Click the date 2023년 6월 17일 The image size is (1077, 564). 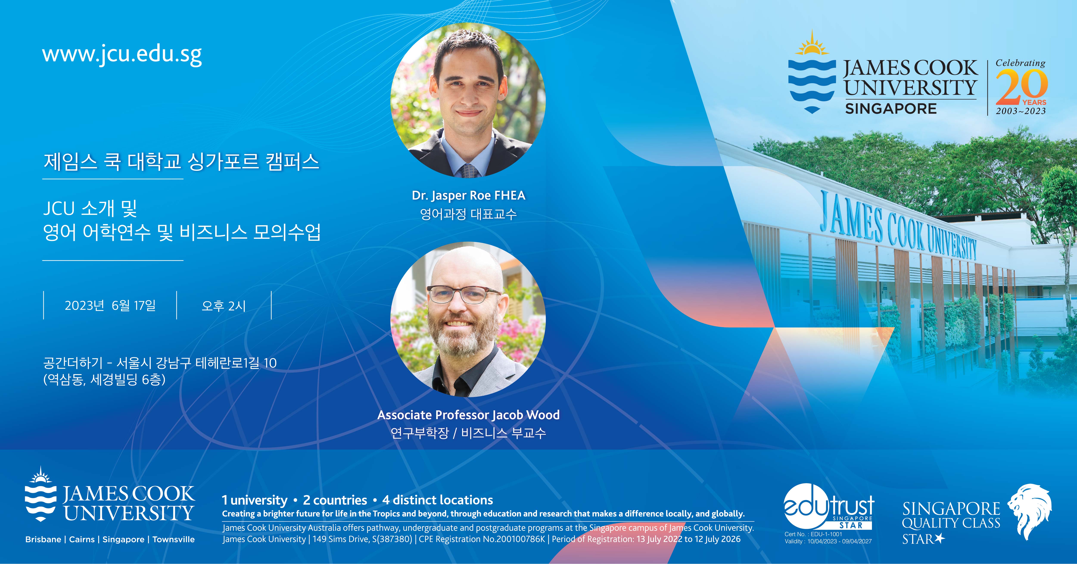[x=110, y=305]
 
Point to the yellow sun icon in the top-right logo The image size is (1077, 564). [x=812, y=44]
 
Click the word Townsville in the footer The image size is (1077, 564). [x=174, y=539]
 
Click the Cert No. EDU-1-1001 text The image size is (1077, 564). [x=813, y=534]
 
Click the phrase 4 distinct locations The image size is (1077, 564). [x=437, y=500]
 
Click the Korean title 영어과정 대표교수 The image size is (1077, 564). [x=468, y=214]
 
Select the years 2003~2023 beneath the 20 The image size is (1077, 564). [x=1021, y=111]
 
